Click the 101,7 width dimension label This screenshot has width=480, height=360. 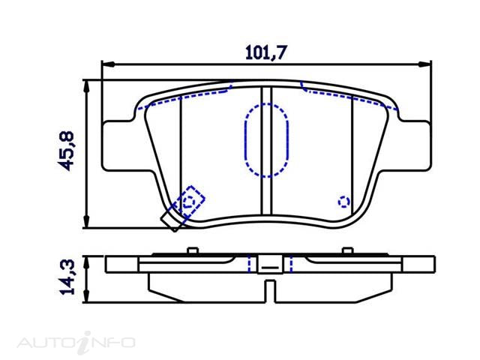click(x=268, y=52)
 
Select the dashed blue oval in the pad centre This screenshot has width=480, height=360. click(x=266, y=140)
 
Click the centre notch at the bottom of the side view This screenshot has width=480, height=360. click(x=268, y=289)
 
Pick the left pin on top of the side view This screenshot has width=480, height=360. click(x=192, y=250)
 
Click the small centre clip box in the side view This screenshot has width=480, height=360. click(x=268, y=264)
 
